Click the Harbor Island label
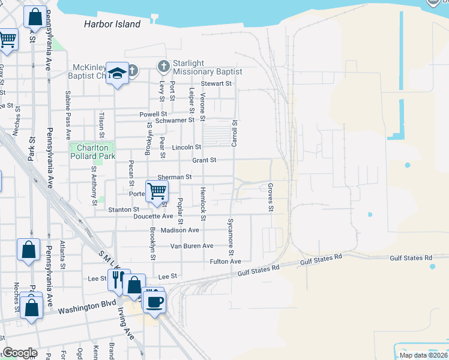tap(112, 25)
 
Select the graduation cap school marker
tap(117, 73)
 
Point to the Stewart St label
tap(216, 84)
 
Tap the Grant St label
tap(204, 160)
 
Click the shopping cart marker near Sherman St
tap(157, 191)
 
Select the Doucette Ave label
tap(153, 216)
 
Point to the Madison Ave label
tap(180, 230)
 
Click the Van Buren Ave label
tap(191, 246)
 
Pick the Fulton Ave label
tap(225, 262)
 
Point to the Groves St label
tap(271, 197)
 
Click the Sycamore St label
tap(231, 234)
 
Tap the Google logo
tap(20, 353)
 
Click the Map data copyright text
tap(423, 355)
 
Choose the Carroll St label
tap(235, 133)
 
